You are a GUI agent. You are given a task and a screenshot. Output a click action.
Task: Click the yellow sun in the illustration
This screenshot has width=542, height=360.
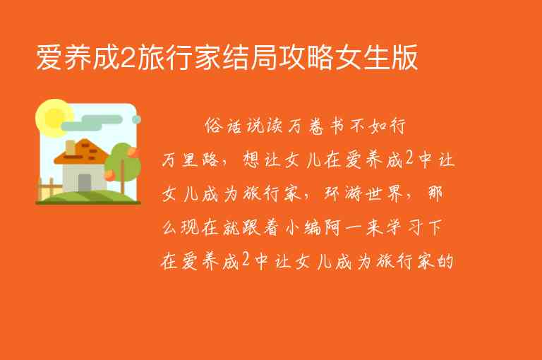click(52, 114)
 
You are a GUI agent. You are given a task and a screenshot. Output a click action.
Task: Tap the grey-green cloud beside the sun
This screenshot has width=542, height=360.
click(106, 121)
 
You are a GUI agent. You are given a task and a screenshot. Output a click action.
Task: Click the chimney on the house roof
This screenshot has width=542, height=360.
click(71, 148)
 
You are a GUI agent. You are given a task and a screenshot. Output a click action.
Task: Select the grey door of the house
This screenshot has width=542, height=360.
click(84, 181)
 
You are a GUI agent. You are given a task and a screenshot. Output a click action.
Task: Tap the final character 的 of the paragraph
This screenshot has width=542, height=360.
click(445, 262)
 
